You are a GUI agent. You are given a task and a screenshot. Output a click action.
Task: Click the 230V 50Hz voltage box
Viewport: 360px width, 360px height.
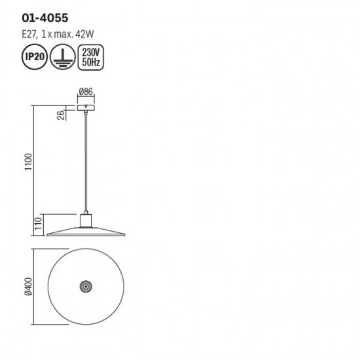coord(88,57)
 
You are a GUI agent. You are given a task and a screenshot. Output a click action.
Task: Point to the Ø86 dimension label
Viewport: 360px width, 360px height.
coord(85,92)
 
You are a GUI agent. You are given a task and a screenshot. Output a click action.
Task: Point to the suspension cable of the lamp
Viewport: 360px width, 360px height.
coord(85,164)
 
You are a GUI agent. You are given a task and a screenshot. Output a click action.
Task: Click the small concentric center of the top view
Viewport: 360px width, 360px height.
coord(85,286)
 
